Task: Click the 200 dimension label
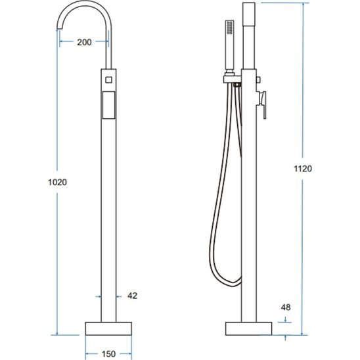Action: click(x=84, y=42)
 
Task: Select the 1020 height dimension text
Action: click(x=57, y=182)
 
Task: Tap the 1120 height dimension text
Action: click(x=303, y=169)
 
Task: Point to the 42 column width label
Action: click(x=133, y=296)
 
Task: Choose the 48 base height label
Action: click(x=286, y=307)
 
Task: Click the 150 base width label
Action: click(x=108, y=354)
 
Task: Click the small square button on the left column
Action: click(x=108, y=80)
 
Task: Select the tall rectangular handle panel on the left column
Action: click(x=108, y=105)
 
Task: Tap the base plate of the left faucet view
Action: click(x=108, y=328)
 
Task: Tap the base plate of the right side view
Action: click(x=248, y=328)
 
